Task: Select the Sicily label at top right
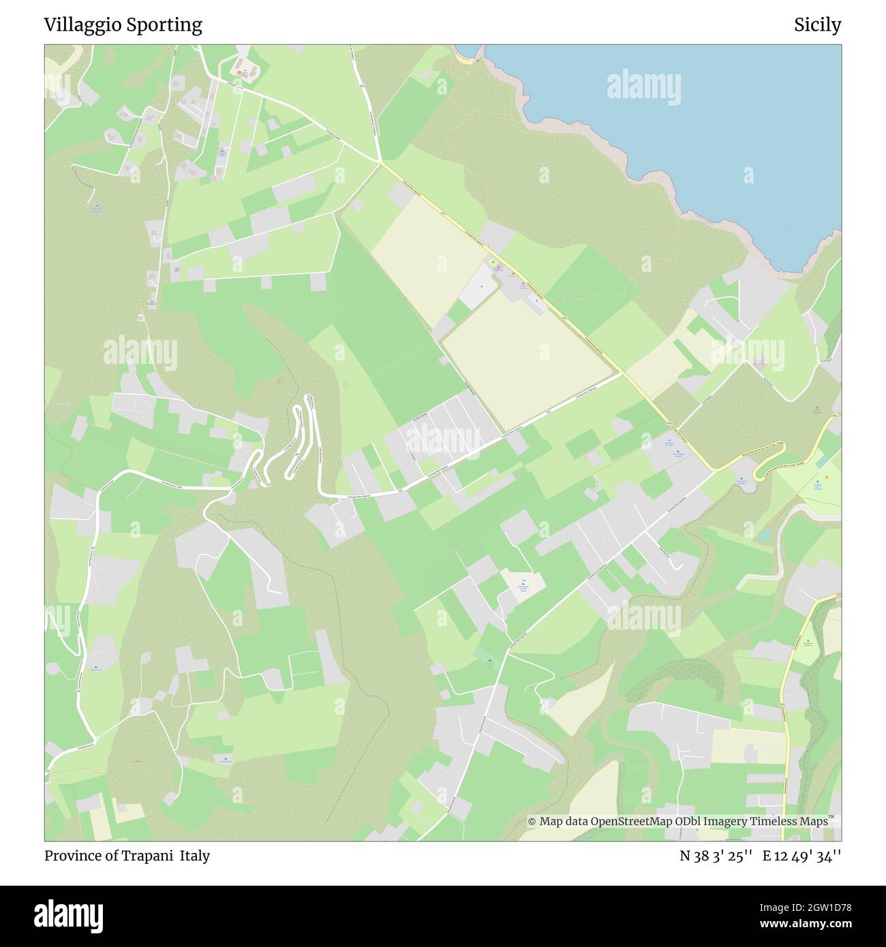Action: tap(817, 25)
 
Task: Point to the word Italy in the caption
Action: tap(195, 856)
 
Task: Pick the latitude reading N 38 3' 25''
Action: tap(716, 856)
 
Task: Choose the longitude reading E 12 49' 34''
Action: tap(801, 856)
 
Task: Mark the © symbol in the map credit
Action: tap(532, 822)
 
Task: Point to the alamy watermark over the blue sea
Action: tap(643, 87)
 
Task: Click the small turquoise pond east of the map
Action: tap(765, 533)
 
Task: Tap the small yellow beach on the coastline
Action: tap(465, 60)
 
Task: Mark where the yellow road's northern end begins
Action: tap(380, 162)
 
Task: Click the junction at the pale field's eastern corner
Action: tap(621, 373)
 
